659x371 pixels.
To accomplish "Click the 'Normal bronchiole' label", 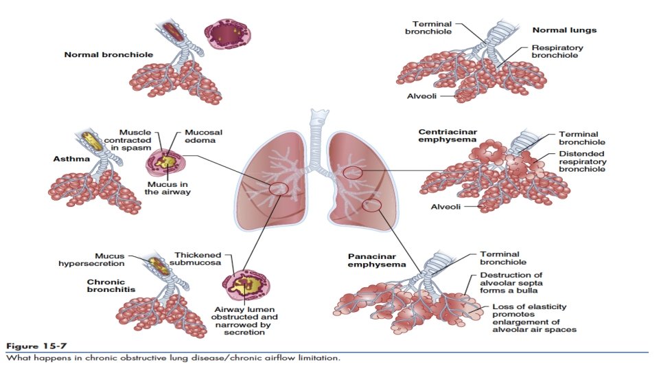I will [x=98, y=54].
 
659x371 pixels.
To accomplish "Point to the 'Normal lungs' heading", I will [x=564, y=30].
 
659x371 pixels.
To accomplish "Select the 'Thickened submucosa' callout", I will [x=200, y=259].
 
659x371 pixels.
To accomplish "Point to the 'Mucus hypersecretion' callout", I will [x=100, y=260].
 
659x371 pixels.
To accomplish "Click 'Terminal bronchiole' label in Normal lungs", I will [x=428, y=27].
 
